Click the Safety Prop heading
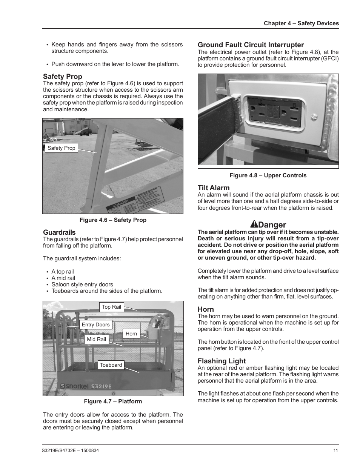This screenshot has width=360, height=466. click(62, 77)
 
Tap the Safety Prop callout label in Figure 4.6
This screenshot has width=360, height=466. click(61, 148)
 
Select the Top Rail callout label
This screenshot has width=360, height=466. click(111, 307)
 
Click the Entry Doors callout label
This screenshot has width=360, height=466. click(95, 325)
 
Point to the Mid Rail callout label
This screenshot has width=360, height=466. click(96, 339)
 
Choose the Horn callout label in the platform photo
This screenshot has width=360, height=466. click(131, 334)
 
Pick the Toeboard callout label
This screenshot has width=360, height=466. click(111, 365)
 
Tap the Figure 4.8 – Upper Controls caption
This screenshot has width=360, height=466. click(268, 175)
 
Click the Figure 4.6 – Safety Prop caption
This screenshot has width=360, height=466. click(112, 220)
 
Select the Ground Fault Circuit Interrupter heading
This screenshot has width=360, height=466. click(251, 45)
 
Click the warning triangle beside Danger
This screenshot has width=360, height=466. click(254, 225)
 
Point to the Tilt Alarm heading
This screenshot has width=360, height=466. click(214, 188)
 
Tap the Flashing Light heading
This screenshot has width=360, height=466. click(222, 361)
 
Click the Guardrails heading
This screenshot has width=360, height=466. click(59, 232)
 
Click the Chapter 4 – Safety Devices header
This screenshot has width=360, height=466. click(301, 23)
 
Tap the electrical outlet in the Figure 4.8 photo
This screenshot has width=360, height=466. click(274, 111)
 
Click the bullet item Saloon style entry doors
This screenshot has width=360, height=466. click(82, 285)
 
